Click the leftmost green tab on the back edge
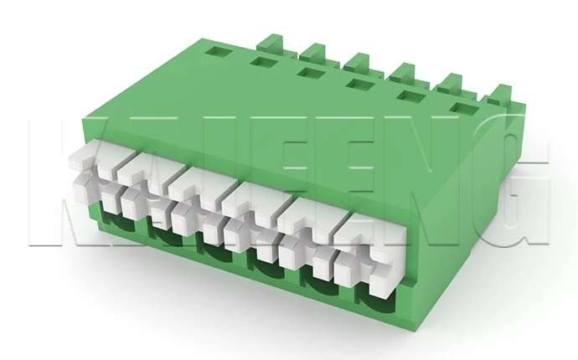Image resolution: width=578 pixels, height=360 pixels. (271, 41)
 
